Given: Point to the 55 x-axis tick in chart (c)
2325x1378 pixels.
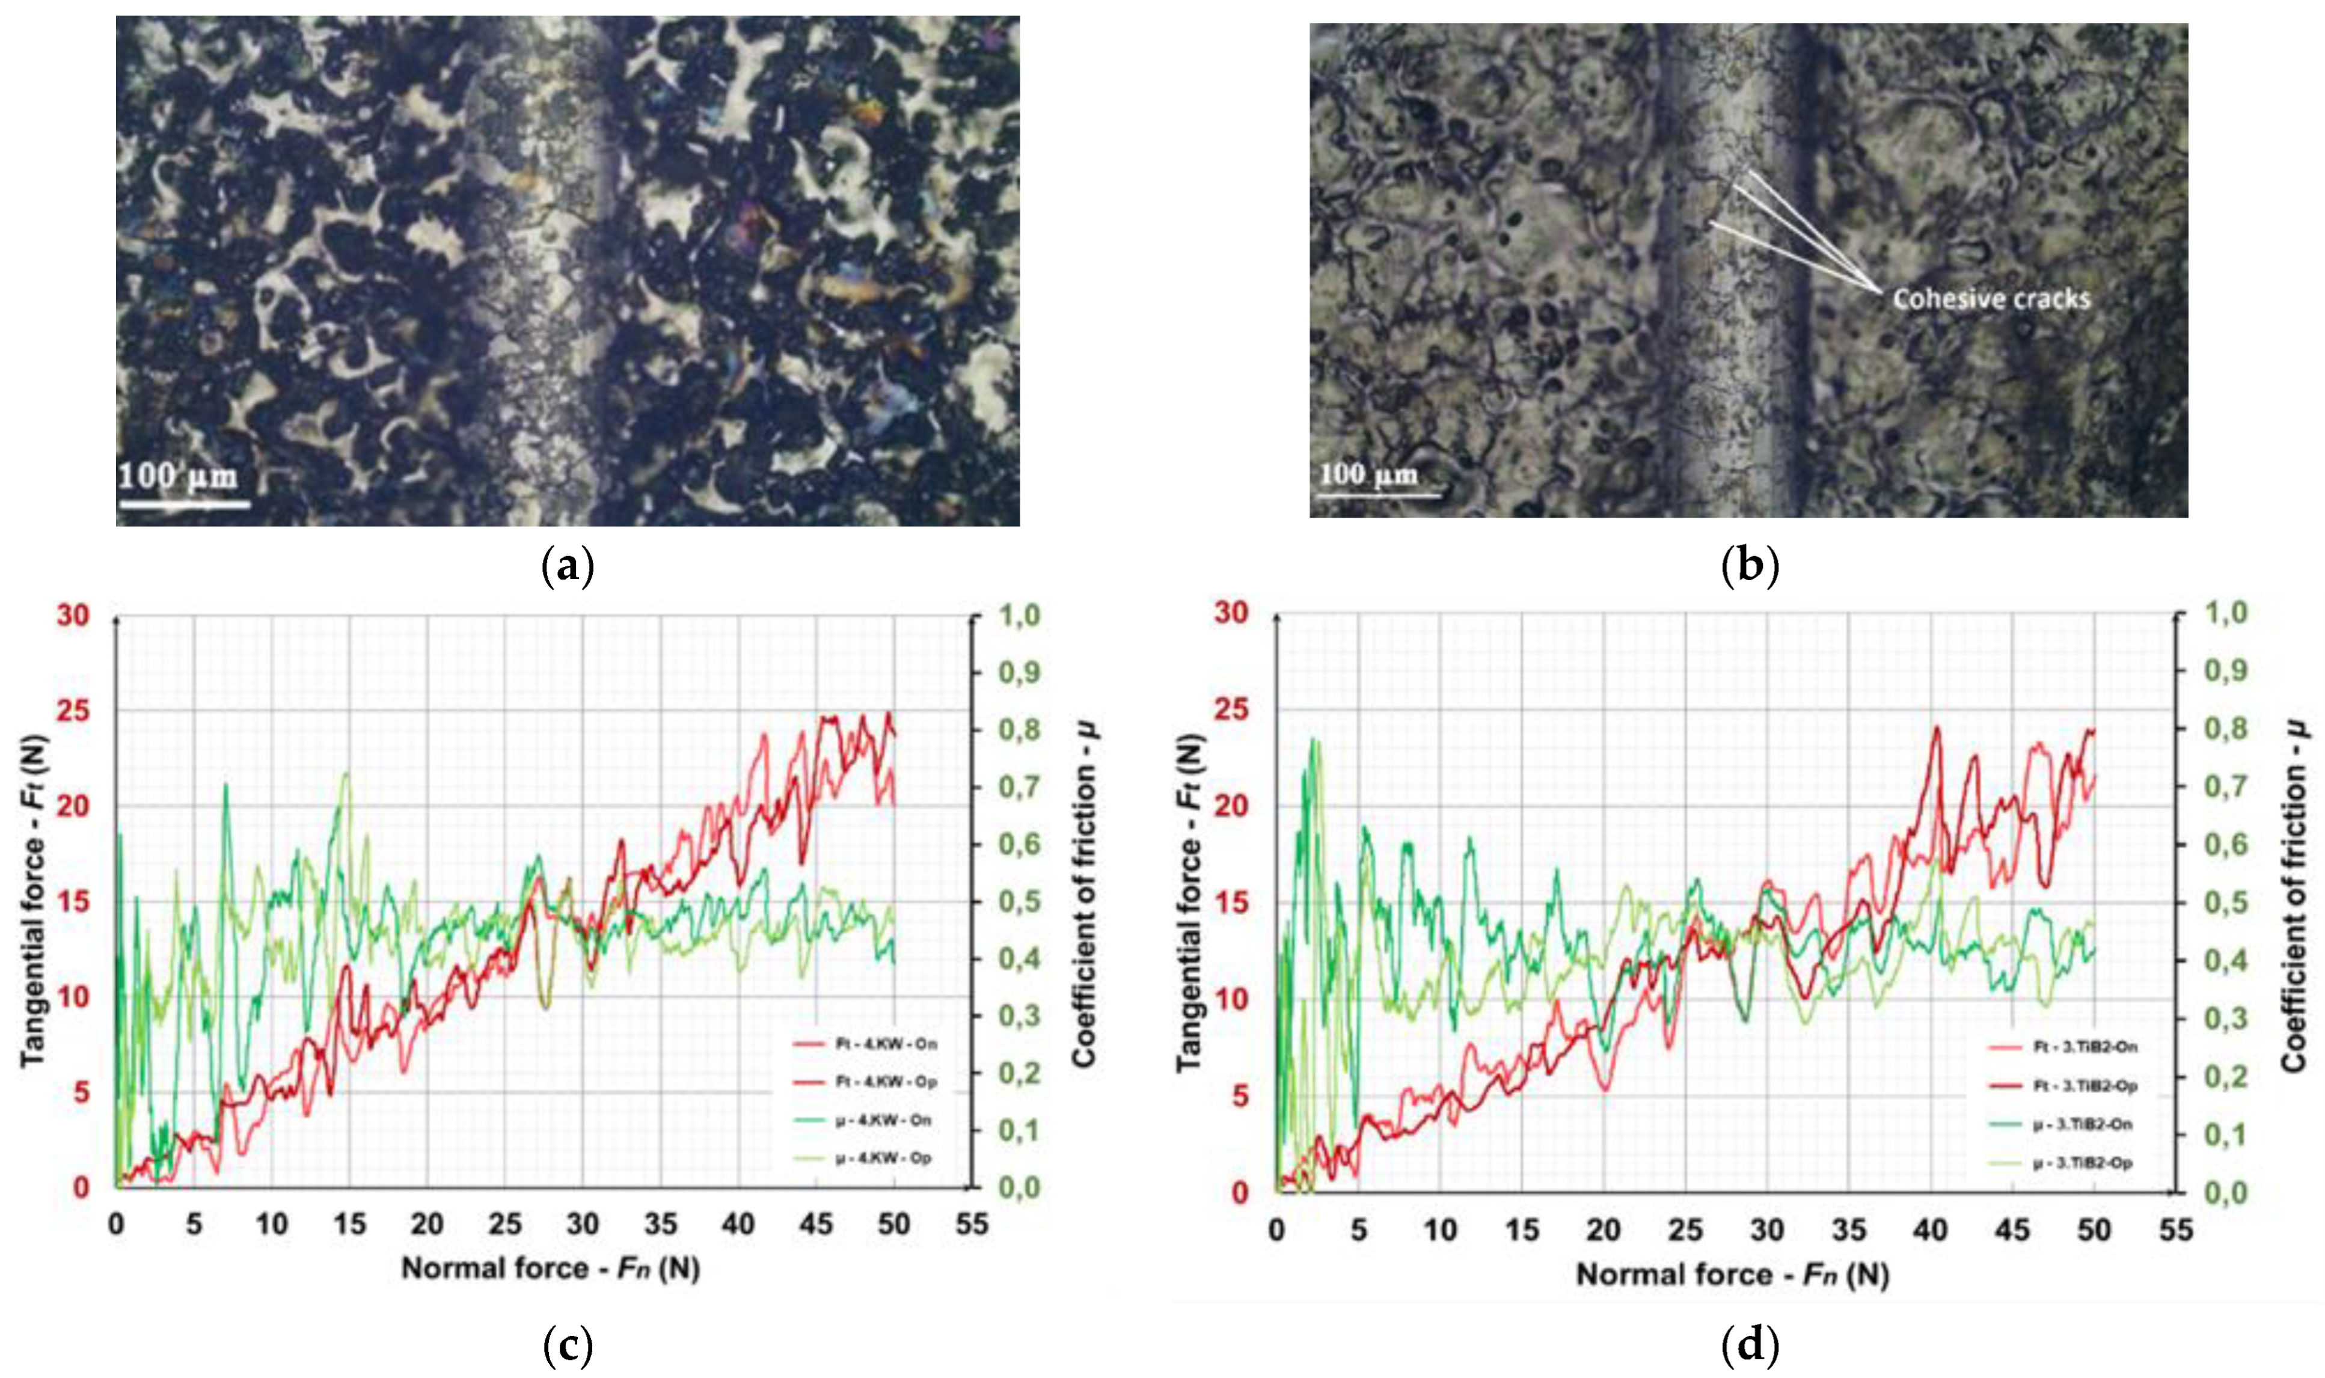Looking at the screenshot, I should point(972,1225).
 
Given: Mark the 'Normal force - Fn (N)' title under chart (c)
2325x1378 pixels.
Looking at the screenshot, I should point(550,1269).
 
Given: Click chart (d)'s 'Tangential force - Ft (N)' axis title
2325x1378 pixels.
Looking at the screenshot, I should point(1189,901).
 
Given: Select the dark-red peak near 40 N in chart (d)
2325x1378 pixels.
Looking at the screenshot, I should point(1937,729).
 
